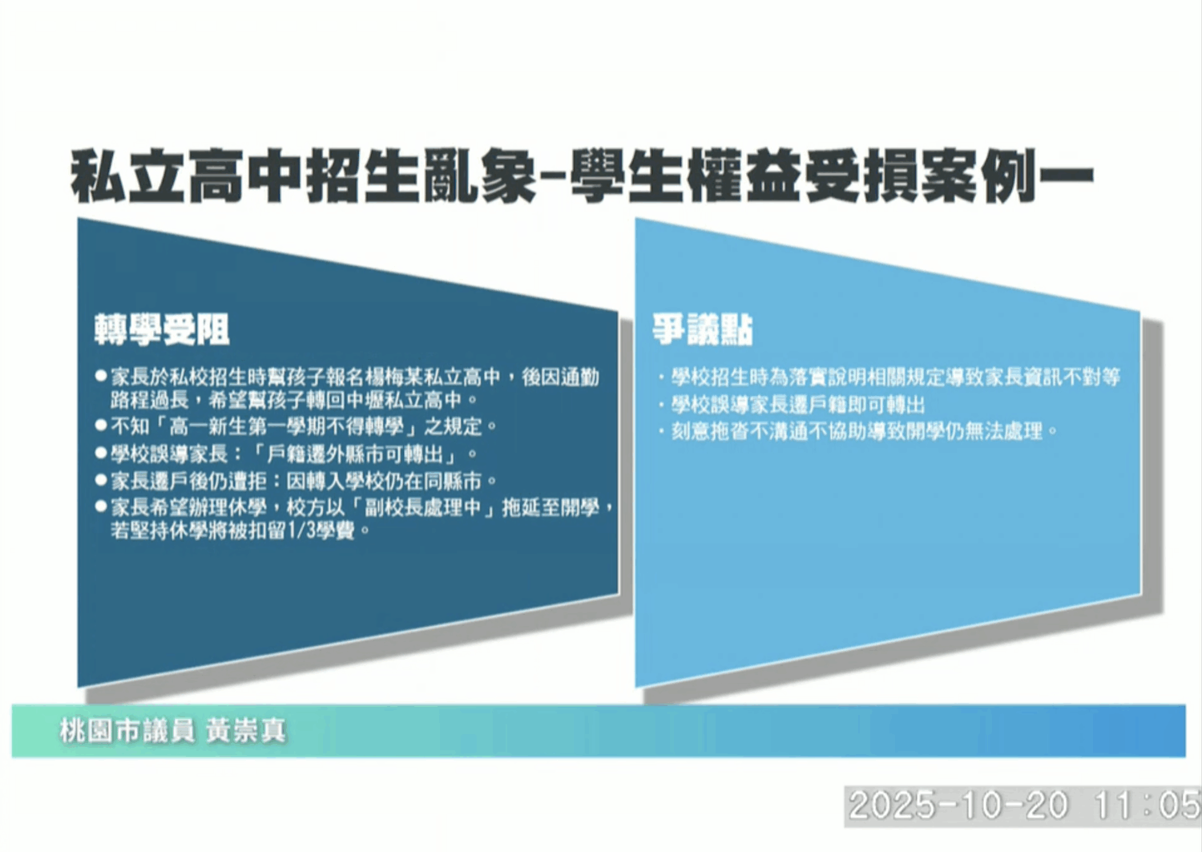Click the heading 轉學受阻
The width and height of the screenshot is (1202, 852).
[x=162, y=329]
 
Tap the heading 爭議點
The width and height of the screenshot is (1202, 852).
[x=703, y=329]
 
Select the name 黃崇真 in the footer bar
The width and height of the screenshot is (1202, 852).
[x=246, y=731]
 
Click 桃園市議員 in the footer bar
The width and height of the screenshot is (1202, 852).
[x=127, y=731]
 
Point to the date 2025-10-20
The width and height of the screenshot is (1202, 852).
[x=958, y=805]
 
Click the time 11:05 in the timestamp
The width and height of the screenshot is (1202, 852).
[x=1148, y=805]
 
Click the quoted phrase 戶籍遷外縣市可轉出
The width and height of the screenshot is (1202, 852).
[x=361, y=454]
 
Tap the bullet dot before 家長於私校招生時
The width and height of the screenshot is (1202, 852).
[x=101, y=376]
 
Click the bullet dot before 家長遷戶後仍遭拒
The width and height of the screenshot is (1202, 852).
[x=101, y=481]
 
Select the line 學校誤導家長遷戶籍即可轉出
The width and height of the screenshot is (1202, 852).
[x=797, y=405]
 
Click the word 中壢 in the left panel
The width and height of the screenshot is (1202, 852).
[x=365, y=400]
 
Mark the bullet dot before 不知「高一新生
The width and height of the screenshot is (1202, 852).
[x=101, y=426]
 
